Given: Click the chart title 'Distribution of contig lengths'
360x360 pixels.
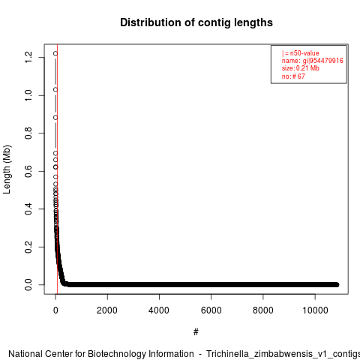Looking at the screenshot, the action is [196, 22].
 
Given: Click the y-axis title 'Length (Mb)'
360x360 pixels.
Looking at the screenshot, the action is [7, 169].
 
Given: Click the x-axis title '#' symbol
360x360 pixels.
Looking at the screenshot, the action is [196, 332].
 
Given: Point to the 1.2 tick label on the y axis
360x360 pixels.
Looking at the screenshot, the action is [28, 57].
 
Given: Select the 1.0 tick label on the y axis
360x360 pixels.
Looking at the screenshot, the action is [28, 95].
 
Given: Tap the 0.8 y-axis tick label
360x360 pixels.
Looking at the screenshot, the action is [28, 133].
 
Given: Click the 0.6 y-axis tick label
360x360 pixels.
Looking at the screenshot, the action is [28, 171].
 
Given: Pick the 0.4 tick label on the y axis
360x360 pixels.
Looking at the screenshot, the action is [28, 209].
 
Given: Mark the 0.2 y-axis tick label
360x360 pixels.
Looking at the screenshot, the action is [28, 247].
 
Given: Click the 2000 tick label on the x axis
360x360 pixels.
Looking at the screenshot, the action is [107, 310].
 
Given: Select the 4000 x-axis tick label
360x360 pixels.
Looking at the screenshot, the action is [159, 310].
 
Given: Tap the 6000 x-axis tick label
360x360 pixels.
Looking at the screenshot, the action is [211, 310].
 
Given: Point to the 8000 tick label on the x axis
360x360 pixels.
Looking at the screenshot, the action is [263, 310].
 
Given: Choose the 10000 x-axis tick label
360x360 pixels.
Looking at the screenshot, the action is [315, 310].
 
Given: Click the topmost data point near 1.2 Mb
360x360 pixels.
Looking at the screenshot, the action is [55, 53].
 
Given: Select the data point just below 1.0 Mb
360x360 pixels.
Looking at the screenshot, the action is [55, 89].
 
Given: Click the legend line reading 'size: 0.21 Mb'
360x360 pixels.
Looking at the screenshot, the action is [301, 68].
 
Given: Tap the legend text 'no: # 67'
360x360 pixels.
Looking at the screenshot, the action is [293, 76].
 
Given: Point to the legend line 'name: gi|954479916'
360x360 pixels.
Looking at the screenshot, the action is [313, 61].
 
